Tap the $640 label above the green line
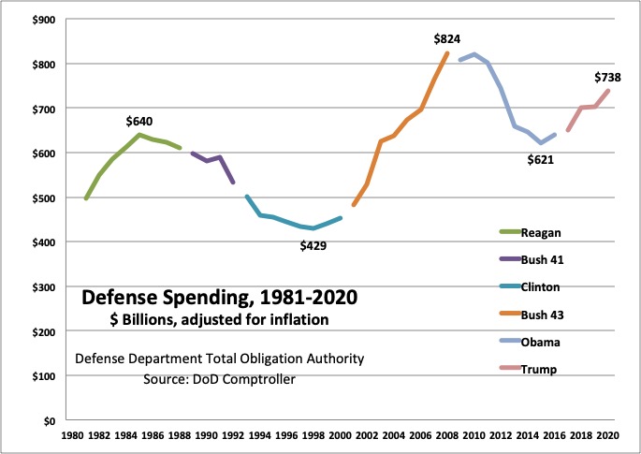(139, 121)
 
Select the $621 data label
(541, 160)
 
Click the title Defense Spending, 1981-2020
(219, 300)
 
